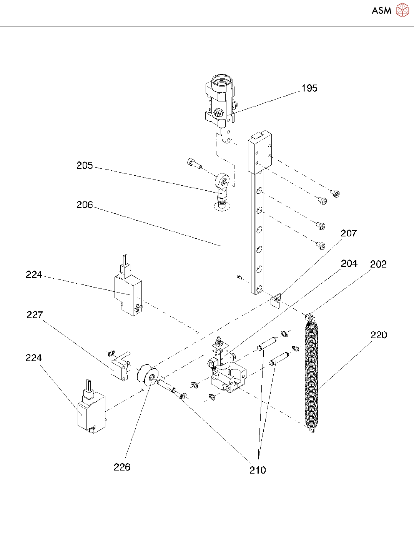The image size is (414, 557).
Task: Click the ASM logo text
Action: [x=381, y=10]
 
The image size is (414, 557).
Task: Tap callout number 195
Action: [x=309, y=88]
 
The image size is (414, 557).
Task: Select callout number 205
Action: [x=85, y=165]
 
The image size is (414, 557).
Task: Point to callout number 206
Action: [x=85, y=205]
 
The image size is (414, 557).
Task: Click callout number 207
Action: [x=349, y=233]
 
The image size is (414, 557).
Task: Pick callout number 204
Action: [x=349, y=263]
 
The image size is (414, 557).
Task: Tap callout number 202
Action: [x=378, y=264]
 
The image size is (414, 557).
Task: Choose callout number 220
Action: [x=379, y=335]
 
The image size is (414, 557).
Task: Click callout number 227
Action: [x=35, y=315]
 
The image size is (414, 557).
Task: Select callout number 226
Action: [x=122, y=467]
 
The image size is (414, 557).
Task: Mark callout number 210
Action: [x=258, y=470]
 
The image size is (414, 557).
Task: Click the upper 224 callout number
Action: [x=34, y=274]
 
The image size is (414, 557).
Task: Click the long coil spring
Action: [x=312, y=377]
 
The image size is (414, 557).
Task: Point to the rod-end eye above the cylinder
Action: [x=223, y=181]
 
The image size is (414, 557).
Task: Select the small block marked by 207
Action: [x=276, y=300]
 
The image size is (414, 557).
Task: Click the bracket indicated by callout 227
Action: [x=121, y=366]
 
